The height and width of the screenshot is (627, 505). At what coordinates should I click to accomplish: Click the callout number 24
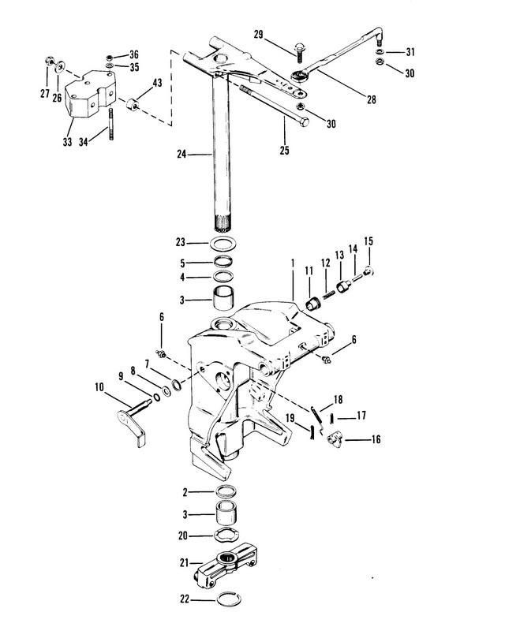pyautogui.click(x=181, y=154)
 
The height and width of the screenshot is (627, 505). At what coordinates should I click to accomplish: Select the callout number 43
pyautogui.click(x=157, y=83)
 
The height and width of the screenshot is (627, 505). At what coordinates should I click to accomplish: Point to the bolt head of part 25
pyautogui.click(x=304, y=121)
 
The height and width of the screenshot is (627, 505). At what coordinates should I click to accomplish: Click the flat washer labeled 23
pyautogui.click(x=223, y=243)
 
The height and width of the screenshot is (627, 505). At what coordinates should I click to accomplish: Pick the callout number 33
pyautogui.click(x=67, y=141)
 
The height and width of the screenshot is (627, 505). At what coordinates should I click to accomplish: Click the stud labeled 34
pyautogui.click(x=110, y=124)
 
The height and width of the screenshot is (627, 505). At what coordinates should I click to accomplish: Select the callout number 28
pyautogui.click(x=372, y=99)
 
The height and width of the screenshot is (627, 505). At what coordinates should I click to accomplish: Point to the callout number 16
pyautogui.click(x=376, y=440)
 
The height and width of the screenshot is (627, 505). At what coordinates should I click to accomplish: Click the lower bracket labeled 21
pyautogui.click(x=226, y=564)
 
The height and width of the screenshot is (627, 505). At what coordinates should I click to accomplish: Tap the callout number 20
pyautogui.click(x=183, y=536)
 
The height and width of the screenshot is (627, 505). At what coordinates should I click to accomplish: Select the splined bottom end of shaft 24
pyautogui.click(x=223, y=225)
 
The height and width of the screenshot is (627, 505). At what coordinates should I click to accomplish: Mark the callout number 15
pyautogui.click(x=368, y=241)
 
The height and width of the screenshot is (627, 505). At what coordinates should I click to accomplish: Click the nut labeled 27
pyautogui.click(x=48, y=62)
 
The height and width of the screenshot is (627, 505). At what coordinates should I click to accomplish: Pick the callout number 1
pyautogui.click(x=293, y=263)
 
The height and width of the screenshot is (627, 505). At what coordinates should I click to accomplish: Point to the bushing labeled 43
pyautogui.click(x=133, y=104)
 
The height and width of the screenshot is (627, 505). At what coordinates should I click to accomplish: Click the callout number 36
pyautogui.click(x=133, y=54)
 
